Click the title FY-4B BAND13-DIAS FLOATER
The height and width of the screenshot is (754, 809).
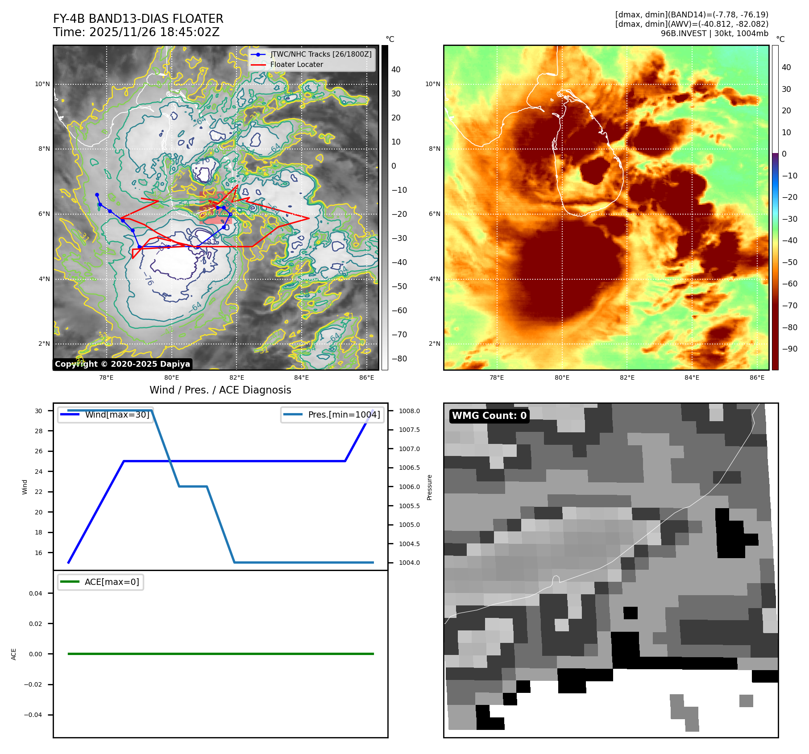(138, 19)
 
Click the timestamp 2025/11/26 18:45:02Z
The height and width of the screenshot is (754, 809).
(154, 32)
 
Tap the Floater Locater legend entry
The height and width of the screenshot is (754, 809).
(296, 64)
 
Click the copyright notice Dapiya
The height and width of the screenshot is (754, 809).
(122, 364)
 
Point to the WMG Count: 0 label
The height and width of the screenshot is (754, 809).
(489, 416)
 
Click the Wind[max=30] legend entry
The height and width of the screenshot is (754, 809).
(117, 414)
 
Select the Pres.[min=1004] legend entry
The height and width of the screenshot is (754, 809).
(344, 414)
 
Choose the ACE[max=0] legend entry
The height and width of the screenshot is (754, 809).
(112, 582)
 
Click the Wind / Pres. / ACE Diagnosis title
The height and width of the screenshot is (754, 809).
(220, 390)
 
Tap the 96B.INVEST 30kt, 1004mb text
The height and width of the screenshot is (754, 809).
(714, 33)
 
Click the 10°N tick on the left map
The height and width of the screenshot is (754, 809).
(42, 84)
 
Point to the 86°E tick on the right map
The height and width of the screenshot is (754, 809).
(757, 377)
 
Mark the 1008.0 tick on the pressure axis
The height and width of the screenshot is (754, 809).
(409, 411)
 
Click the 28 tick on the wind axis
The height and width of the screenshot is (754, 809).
(39, 431)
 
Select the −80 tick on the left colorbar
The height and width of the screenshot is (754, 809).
(399, 359)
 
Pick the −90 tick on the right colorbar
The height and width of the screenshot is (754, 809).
(789, 349)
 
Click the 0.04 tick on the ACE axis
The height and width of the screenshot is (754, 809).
(36, 593)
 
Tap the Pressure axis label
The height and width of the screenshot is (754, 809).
(429, 487)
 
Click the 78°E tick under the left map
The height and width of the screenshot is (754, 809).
(106, 377)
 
